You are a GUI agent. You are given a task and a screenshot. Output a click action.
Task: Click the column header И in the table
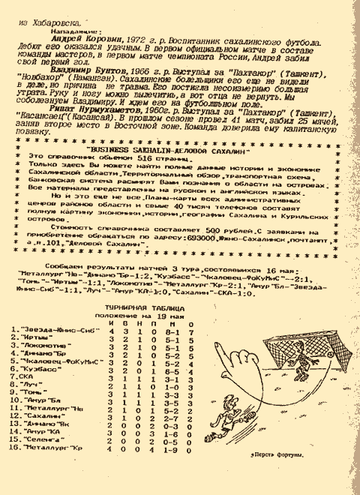pyautogui.click(x=113, y=300)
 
